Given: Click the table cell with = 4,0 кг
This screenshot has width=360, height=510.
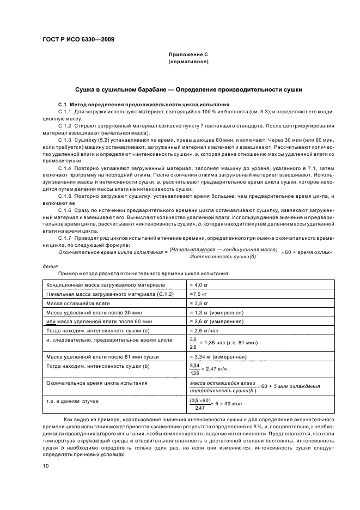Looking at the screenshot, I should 200,284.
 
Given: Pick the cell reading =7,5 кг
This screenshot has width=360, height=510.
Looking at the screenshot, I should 199,294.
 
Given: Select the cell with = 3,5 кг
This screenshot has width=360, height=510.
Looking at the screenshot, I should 200,303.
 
